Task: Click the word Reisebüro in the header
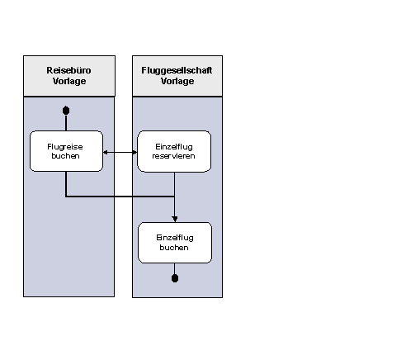[68, 70]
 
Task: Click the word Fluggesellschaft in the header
[177, 71]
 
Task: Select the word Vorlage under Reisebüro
[69, 81]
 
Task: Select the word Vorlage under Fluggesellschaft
[177, 81]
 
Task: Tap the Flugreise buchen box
[66, 151]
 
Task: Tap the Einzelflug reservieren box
[174, 151]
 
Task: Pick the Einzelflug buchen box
[175, 243]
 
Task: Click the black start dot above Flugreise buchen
[66, 111]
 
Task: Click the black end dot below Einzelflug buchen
[175, 278]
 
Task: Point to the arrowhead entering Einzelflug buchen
[175, 219]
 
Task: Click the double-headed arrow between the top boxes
[120, 152]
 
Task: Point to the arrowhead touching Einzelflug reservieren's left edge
[134, 152]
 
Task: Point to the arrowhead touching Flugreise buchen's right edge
[105, 152]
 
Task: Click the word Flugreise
[65, 147]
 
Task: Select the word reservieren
[173, 156]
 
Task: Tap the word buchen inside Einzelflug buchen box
[174, 248]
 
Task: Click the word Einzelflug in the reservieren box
[174, 147]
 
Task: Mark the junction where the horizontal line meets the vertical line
[174, 197]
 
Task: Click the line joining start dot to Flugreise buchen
[66, 123]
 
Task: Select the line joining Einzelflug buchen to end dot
[175, 268]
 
